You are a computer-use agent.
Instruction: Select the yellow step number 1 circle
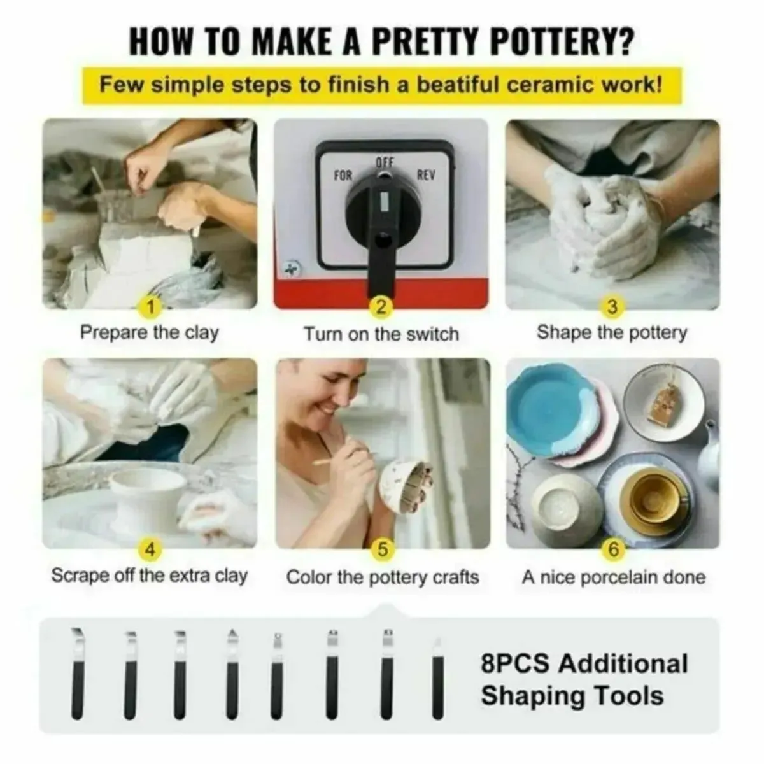pyautogui.click(x=150, y=308)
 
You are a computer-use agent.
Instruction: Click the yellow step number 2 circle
pyautogui.click(x=381, y=308)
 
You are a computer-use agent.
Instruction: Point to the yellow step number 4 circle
pyautogui.click(x=150, y=549)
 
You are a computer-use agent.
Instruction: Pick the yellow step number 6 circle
pyautogui.click(x=612, y=549)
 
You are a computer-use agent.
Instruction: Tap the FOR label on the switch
pyautogui.click(x=343, y=176)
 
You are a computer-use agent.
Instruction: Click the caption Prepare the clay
pyautogui.click(x=149, y=333)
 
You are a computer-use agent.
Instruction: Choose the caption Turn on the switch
pyautogui.click(x=381, y=334)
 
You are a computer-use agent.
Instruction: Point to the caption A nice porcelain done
pyautogui.click(x=613, y=577)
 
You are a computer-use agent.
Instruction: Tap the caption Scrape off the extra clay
pyautogui.click(x=149, y=576)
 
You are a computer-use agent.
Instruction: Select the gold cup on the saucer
pyautogui.click(x=651, y=497)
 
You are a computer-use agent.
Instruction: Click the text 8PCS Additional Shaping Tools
pyautogui.click(x=584, y=679)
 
